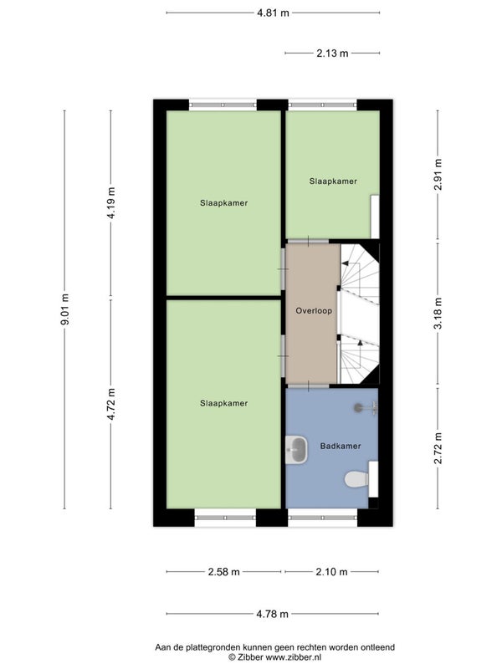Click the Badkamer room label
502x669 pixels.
341,446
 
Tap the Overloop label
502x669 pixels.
314,310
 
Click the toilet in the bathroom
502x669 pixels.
356,479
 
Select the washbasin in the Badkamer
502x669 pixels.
297,450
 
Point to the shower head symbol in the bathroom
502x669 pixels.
366,408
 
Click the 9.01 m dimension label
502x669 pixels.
65,309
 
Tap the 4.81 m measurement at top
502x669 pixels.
273,13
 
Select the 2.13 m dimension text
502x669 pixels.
332,53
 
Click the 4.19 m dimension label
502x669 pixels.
111,202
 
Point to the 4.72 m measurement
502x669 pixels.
111,404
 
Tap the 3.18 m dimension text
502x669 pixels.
438,313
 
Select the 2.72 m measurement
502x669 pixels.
438,448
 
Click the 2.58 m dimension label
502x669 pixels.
223,572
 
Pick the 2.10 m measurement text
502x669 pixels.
331,572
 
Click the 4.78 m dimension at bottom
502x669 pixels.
273,614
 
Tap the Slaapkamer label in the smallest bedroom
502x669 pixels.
333,181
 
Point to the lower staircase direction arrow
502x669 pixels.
360,343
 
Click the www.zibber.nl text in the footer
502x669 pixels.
294,657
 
